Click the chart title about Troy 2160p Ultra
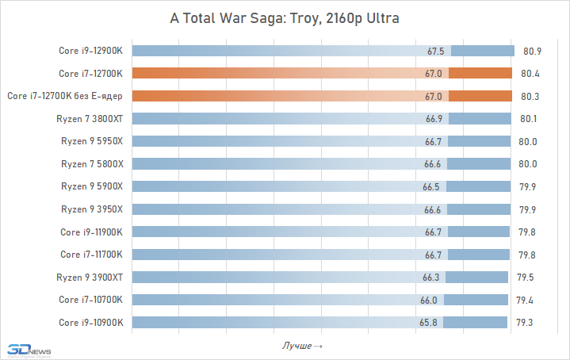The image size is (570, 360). click(285, 17)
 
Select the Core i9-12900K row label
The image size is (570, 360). click(91, 51)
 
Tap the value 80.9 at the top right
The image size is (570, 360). click(532, 52)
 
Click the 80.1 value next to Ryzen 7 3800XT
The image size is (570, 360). click(530, 119)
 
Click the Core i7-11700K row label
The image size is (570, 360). click(91, 255)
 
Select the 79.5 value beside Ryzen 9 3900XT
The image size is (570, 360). click(526, 278)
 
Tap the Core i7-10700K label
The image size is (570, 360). click(91, 300)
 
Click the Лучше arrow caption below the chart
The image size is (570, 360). click(302, 347)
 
